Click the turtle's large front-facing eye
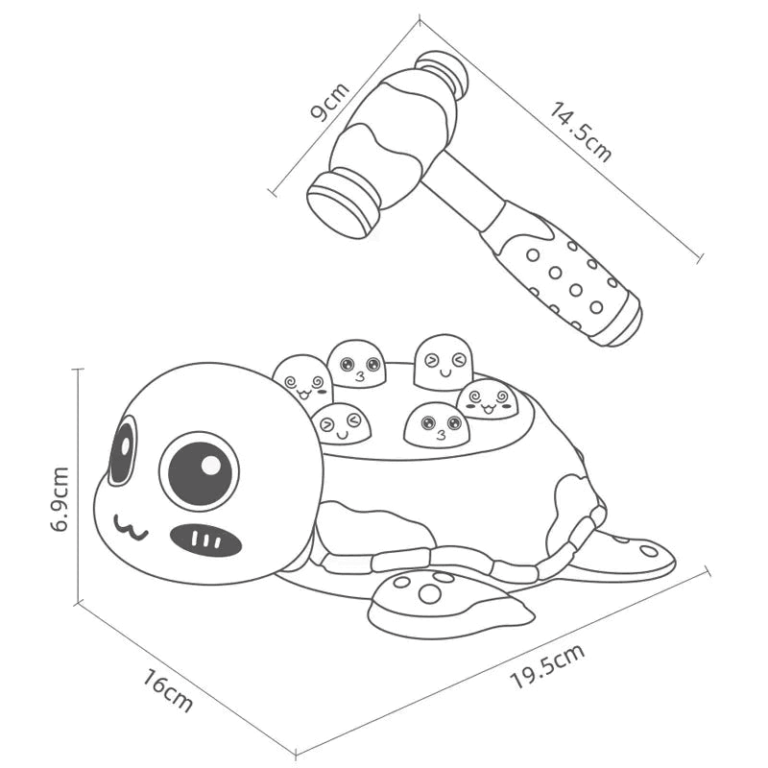tap(199, 470)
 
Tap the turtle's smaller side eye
tap(122, 451)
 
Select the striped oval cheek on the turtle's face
tap(205, 540)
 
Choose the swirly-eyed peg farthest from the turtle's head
tap(487, 399)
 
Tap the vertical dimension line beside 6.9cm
tap(76, 485)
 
